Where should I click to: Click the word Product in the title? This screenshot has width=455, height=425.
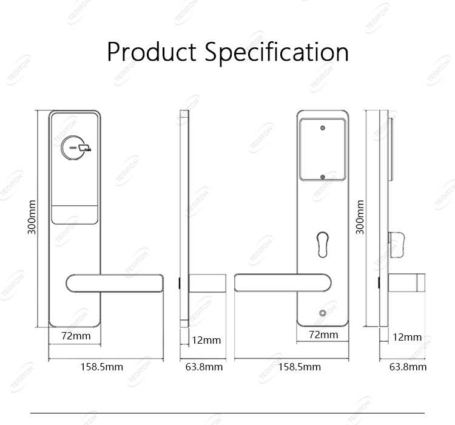click(x=152, y=52)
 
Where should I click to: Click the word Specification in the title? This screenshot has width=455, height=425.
click(x=277, y=53)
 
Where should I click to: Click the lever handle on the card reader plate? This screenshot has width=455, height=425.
click(x=115, y=282)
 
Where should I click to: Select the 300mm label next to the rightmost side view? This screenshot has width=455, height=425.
click(x=360, y=217)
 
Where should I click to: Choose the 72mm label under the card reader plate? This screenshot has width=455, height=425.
click(x=76, y=335)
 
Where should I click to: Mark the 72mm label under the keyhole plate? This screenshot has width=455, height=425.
click(x=323, y=335)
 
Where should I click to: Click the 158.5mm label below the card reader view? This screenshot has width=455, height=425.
click(x=102, y=367)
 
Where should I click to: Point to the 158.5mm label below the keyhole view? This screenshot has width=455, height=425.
click(x=300, y=367)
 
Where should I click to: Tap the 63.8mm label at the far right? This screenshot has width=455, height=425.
click(x=408, y=367)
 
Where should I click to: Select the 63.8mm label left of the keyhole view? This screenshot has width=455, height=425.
click(x=204, y=367)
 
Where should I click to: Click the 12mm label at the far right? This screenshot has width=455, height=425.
click(x=406, y=337)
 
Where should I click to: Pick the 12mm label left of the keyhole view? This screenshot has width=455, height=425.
click(x=206, y=340)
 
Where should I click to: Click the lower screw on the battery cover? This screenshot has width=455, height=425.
click(x=323, y=178)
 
